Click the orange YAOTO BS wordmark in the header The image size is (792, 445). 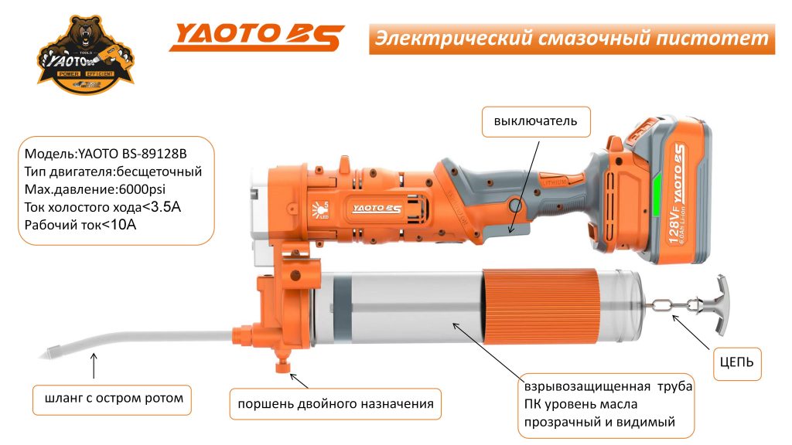pyautogui.click(x=256, y=36)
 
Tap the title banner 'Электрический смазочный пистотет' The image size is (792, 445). pyautogui.click(x=572, y=38)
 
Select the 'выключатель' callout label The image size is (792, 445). pyautogui.click(x=530, y=121)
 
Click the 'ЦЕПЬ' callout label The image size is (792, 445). pyautogui.click(x=736, y=361)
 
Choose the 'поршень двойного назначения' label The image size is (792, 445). pyautogui.click(x=334, y=403)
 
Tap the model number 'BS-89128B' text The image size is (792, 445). pyautogui.click(x=151, y=154)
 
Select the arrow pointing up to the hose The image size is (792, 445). pyautogui.click(x=94, y=364)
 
